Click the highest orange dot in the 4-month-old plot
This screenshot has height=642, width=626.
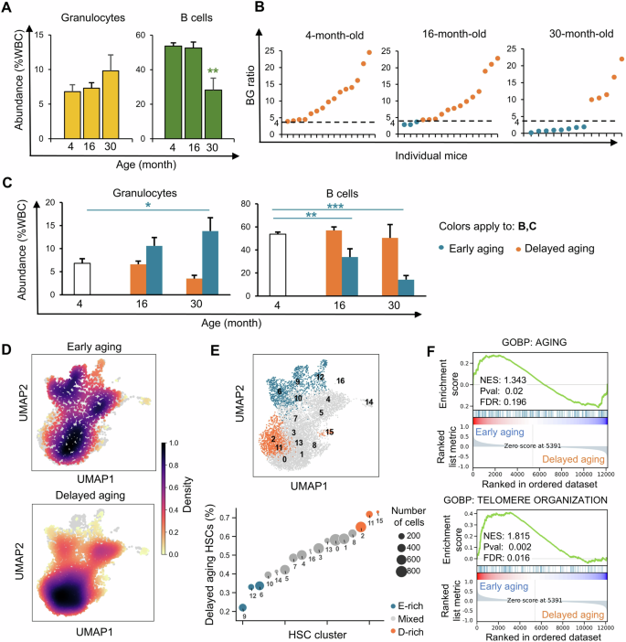(x=369, y=52)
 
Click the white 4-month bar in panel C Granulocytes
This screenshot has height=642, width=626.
(x=62, y=278)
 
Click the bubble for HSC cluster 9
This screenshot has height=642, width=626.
(x=242, y=606)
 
